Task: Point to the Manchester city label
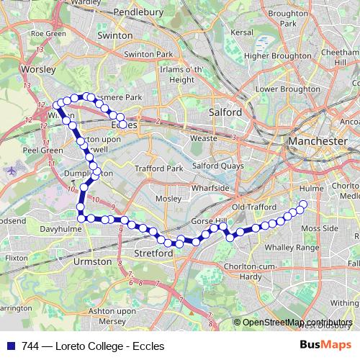point(317,142)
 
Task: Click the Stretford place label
point(153,253)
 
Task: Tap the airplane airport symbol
point(11,171)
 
